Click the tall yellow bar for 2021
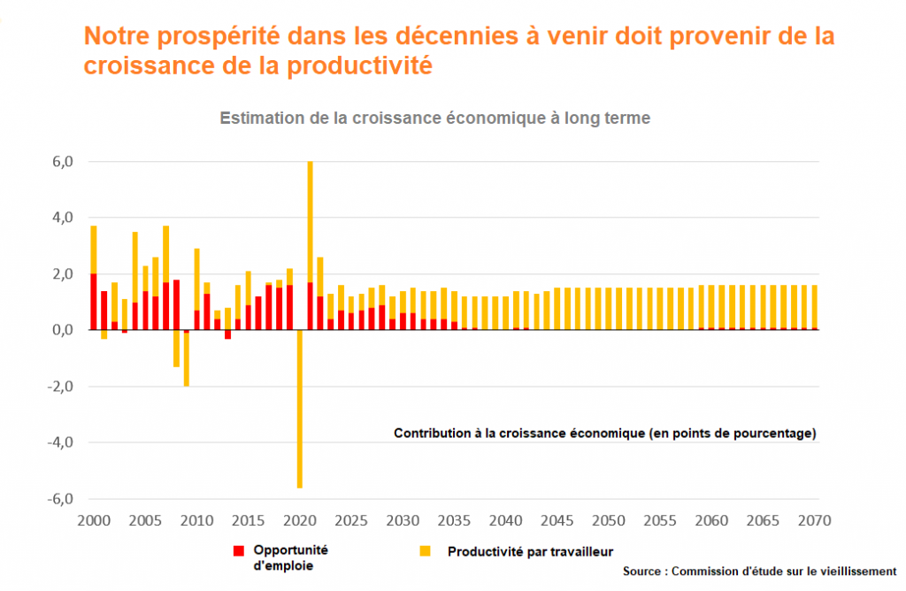[311, 221]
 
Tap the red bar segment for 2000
[94, 302]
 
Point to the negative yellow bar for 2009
[187, 358]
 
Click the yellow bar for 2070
[814, 305]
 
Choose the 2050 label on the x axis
[610, 520]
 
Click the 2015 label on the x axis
[249, 520]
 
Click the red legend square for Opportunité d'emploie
[238, 551]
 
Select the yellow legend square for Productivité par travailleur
[426, 551]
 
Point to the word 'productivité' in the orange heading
[361, 66]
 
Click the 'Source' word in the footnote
[644, 571]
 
